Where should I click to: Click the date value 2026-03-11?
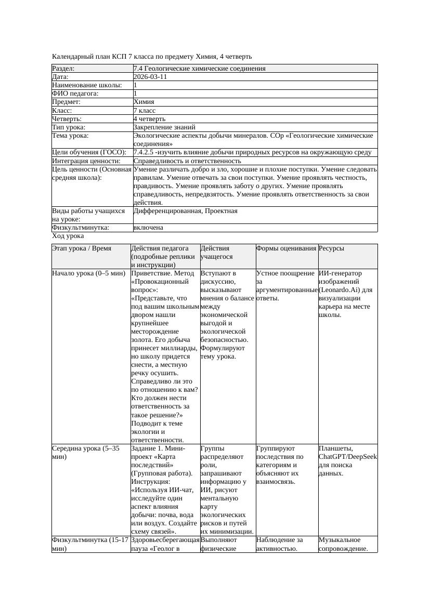pyautogui.click(x=150, y=77)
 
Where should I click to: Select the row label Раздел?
pyautogui.click(x=63, y=69)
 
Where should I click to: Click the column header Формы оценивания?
pyautogui.click(x=286, y=249)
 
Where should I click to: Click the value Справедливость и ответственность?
pyautogui.click(x=187, y=161)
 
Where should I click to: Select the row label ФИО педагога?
pyautogui.click(x=75, y=94)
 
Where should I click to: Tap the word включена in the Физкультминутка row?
pyautogui.click(x=148, y=228)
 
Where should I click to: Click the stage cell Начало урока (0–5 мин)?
pyautogui.click(x=89, y=273)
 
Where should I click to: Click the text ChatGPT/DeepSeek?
pyautogui.click(x=347, y=457)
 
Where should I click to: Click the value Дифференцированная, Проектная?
pyautogui.click(x=185, y=211)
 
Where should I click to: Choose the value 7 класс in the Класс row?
pyautogui.click(x=145, y=111)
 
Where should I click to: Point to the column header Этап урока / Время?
pyautogui.click(x=82, y=249)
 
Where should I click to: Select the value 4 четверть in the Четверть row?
pyautogui.click(x=149, y=119)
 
